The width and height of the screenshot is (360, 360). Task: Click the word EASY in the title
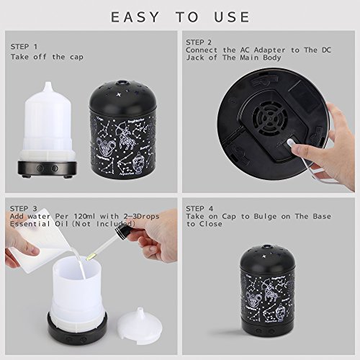click(135, 17)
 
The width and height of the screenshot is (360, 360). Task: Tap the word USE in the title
click(233, 17)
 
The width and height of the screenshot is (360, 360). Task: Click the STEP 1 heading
click(24, 47)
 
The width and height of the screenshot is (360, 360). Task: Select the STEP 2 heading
click(199, 42)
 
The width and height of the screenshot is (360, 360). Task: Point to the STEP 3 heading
click(24, 209)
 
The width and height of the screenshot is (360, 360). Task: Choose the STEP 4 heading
click(199, 209)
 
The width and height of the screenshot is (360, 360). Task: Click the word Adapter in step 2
click(270, 50)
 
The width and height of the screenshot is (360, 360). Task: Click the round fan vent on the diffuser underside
click(270, 119)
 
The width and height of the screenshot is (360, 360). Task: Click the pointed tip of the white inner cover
click(48, 83)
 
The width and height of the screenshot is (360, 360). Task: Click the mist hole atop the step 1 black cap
click(122, 83)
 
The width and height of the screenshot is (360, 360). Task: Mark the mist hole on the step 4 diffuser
click(268, 247)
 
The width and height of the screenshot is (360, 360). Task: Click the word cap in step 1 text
click(76, 58)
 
